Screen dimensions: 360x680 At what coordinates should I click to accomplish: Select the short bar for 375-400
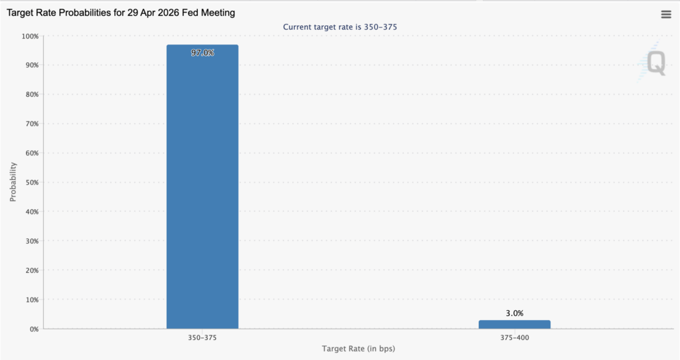tap(514, 324)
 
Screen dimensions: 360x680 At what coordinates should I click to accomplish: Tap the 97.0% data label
tap(202, 52)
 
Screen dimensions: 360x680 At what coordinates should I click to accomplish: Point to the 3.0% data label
tap(514, 313)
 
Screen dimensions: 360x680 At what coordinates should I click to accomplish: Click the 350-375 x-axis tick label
tap(202, 337)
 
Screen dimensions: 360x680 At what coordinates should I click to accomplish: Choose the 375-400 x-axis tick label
tap(514, 337)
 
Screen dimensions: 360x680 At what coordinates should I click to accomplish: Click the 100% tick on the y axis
tap(29, 36)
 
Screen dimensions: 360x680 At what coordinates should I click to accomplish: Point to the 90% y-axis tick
tap(31, 65)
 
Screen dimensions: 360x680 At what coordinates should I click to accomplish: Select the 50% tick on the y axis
tap(31, 182)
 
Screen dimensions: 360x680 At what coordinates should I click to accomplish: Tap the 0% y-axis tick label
tap(33, 329)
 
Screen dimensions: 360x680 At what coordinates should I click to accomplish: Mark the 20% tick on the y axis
tap(31, 270)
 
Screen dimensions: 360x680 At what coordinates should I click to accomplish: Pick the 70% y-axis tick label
tap(31, 124)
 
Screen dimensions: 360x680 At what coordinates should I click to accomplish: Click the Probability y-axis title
tap(13, 182)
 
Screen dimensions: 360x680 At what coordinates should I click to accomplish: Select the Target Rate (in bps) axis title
tap(359, 349)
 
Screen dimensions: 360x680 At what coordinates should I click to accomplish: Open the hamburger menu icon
tap(666, 15)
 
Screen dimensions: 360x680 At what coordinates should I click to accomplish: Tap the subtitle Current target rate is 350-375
tap(340, 27)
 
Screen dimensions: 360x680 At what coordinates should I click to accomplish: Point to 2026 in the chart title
tap(167, 13)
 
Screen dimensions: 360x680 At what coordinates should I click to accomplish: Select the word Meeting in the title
tap(217, 13)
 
